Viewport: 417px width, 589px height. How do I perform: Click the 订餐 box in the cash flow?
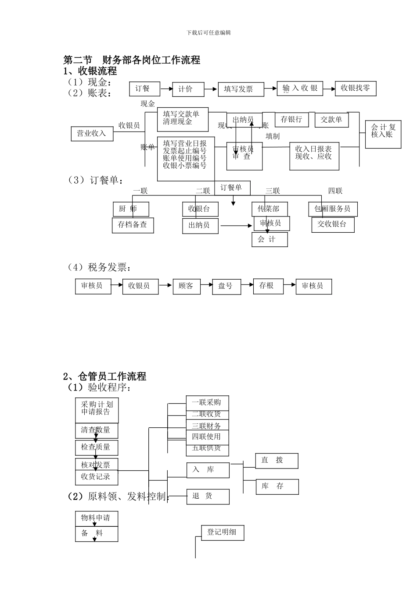click(144, 89)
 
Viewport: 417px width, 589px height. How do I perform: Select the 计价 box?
click(188, 89)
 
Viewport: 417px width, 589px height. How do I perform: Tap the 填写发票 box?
click(241, 89)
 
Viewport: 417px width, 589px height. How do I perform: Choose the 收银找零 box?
click(356, 89)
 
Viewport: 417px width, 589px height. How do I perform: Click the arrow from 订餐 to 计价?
click(166, 89)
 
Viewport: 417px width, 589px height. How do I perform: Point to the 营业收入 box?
click(92, 134)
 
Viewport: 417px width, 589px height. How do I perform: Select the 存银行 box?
click(291, 120)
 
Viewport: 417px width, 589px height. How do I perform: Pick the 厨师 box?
click(131, 209)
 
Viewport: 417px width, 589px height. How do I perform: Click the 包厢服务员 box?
click(332, 209)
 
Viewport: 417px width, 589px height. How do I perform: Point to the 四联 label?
click(335, 191)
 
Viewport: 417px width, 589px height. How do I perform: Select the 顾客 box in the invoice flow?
click(186, 286)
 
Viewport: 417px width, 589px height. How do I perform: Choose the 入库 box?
click(208, 470)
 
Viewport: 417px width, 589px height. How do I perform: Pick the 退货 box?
click(208, 496)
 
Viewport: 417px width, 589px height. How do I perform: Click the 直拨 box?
click(277, 461)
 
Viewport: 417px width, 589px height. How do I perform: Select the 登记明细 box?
click(222, 532)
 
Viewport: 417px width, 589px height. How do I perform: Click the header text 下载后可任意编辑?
click(208, 33)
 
